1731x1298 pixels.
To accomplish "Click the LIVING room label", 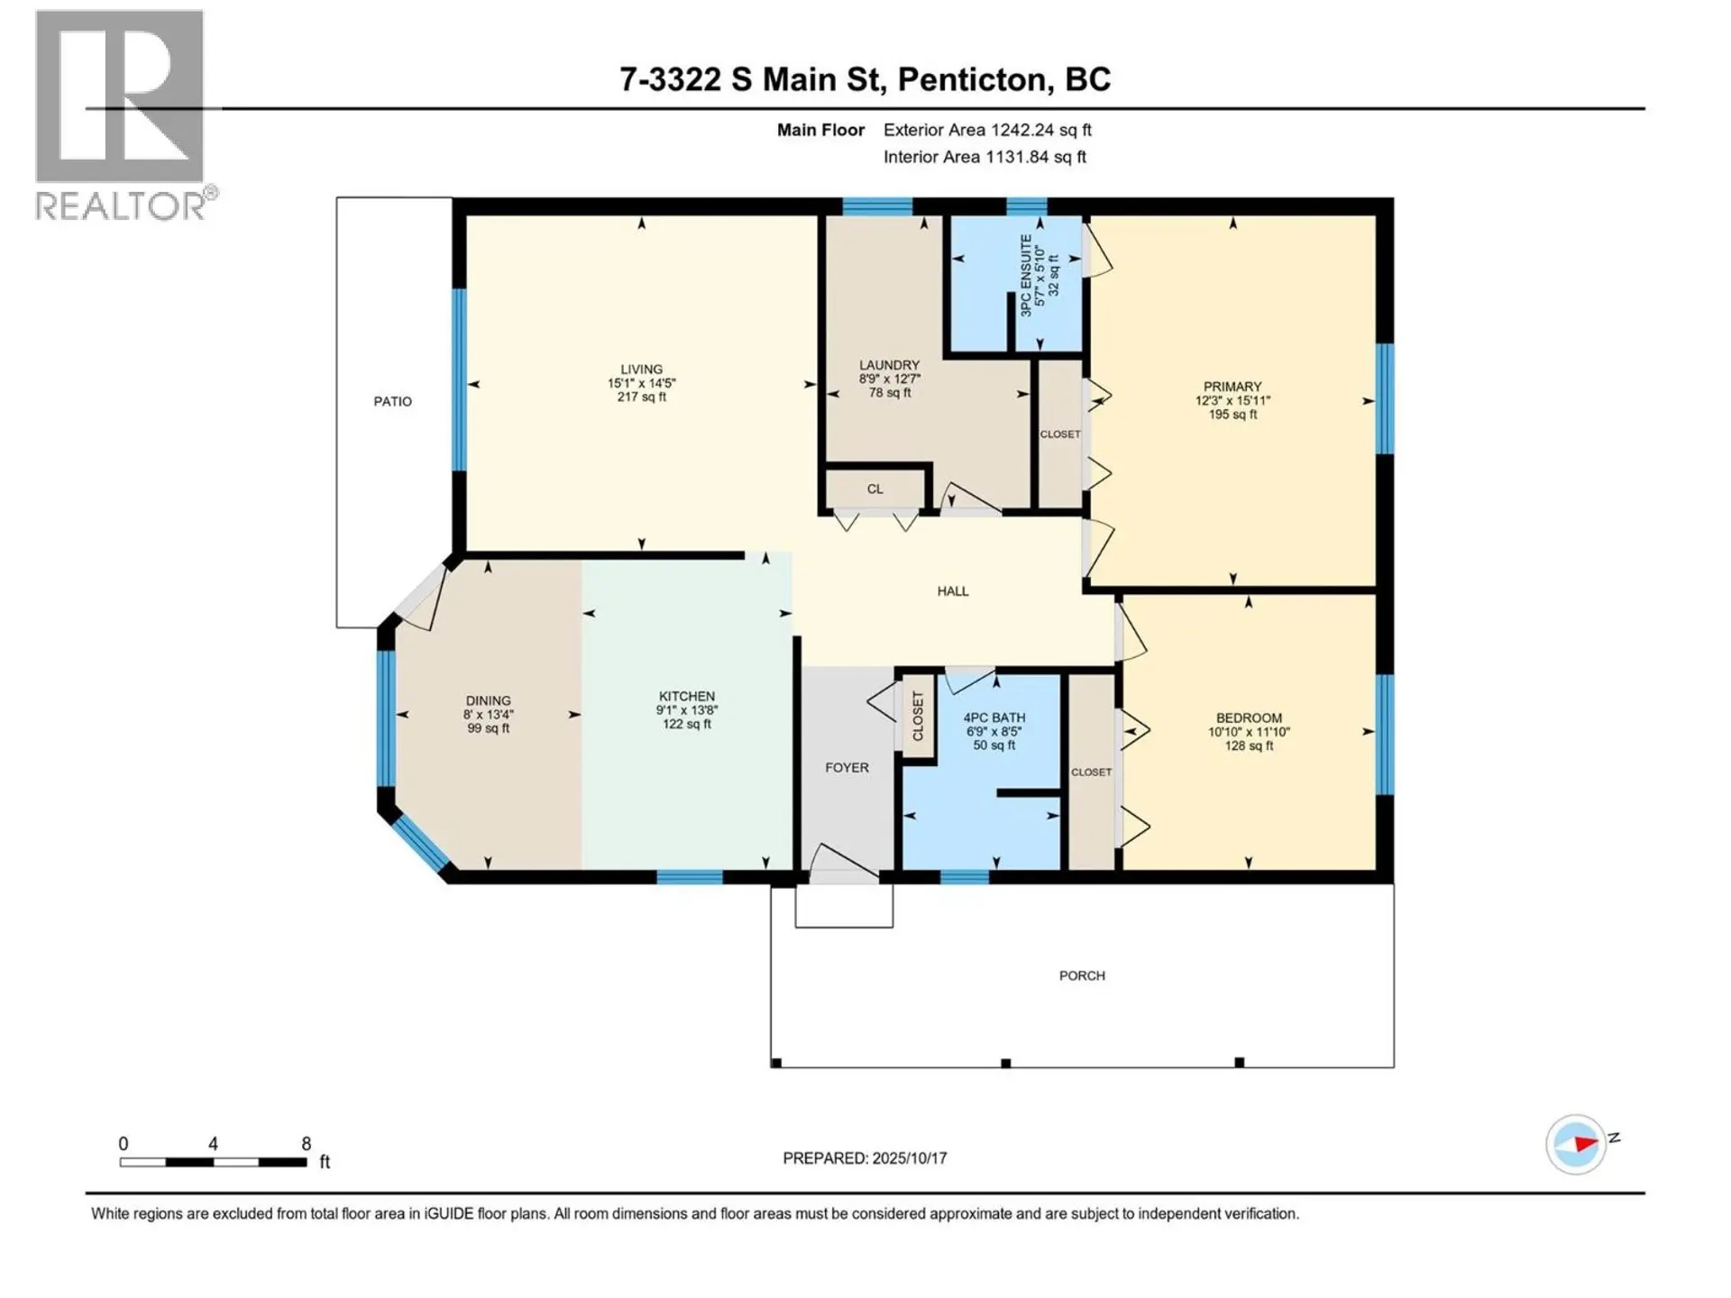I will pyautogui.click(x=641, y=370).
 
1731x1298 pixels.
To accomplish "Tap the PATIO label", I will pyautogui.click(x=393, y=401).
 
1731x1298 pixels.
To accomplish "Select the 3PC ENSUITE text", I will pyautogui.click(x=1026, y=275).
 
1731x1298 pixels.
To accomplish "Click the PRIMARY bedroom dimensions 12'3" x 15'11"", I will pyautogui.click(x=1232, y=400).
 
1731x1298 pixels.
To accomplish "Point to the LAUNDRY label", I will pyautogui.click(x=889, y=365).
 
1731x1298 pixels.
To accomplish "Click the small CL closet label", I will pyautogui.click(x=875, y=489).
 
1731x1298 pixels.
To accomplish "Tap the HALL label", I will pyautogui.click(x=952, y=591).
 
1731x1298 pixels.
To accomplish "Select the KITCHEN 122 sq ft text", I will pyautogui.click(x=686, y=724).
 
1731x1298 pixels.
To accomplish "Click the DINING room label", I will pyautogui.click(x=488, y=700).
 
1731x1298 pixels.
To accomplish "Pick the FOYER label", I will pyautogui.click(x=847, y=768).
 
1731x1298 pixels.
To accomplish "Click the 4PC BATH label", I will pyautogui.click(x=994, y=718).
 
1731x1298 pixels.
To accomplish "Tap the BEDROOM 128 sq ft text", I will pyautogui.click(x=1248, y=745).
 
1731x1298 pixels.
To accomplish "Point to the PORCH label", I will pyautogui.click(x=1081, y=975).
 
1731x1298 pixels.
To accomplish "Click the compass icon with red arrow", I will pyautogui.click(x=1576, y=1144).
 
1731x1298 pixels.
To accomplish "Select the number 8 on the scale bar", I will pyautogui.click(x=307, y=1143).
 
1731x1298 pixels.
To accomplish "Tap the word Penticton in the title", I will pyautogui.click(x=975, y=79).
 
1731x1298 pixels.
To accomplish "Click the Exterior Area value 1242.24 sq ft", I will pyautogui.click(x=1040, y=130).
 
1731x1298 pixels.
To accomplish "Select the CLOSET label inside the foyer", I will pyautogui.click(x=919, y=716).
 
